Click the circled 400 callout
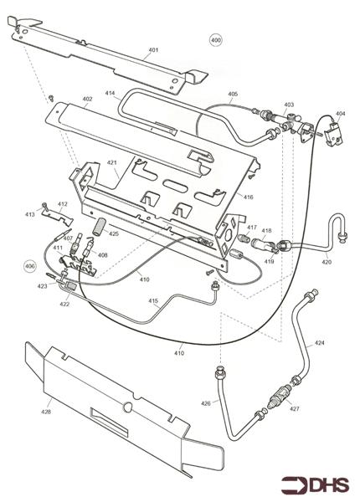click(x=216, y=40)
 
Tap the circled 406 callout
click(x=30, y=266)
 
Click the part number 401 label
click(x=153, y=50)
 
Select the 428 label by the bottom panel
click(x=46, y=412)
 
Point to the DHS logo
click(x=315, y=485)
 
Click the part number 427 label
click(x=295, y=408)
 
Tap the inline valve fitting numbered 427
click(x=278, y=395)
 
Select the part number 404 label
click(x=341, y=114)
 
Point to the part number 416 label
click(x=248, y=197)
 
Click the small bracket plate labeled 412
click(x=58, y=217)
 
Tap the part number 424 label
click(x=319, y=343)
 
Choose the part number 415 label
click(x=153, y=301)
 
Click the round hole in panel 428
click(x=127, y=407)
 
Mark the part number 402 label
click(x=87, y=100)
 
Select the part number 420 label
click(x=327, y=262)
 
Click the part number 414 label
click(x=110, y=93)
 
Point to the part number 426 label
click(x=206, y=403)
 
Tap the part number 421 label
click(x=112, y=163)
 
